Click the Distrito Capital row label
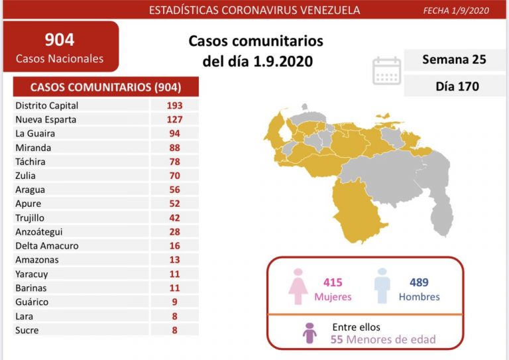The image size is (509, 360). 46,105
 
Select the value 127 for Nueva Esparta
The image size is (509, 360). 175,119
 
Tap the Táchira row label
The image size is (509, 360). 29,162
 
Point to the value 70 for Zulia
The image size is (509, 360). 175,176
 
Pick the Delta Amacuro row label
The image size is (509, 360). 46,245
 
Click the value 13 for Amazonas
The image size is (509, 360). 175,260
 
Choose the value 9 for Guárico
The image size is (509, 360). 175,302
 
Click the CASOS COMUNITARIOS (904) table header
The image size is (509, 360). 105,87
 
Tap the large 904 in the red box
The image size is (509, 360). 60,39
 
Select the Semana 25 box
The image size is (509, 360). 454,60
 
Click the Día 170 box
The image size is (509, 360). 454,86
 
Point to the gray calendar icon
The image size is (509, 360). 386,70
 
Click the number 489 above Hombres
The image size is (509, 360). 419,282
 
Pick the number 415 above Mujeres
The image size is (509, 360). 334,282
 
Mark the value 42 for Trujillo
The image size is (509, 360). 175,217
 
